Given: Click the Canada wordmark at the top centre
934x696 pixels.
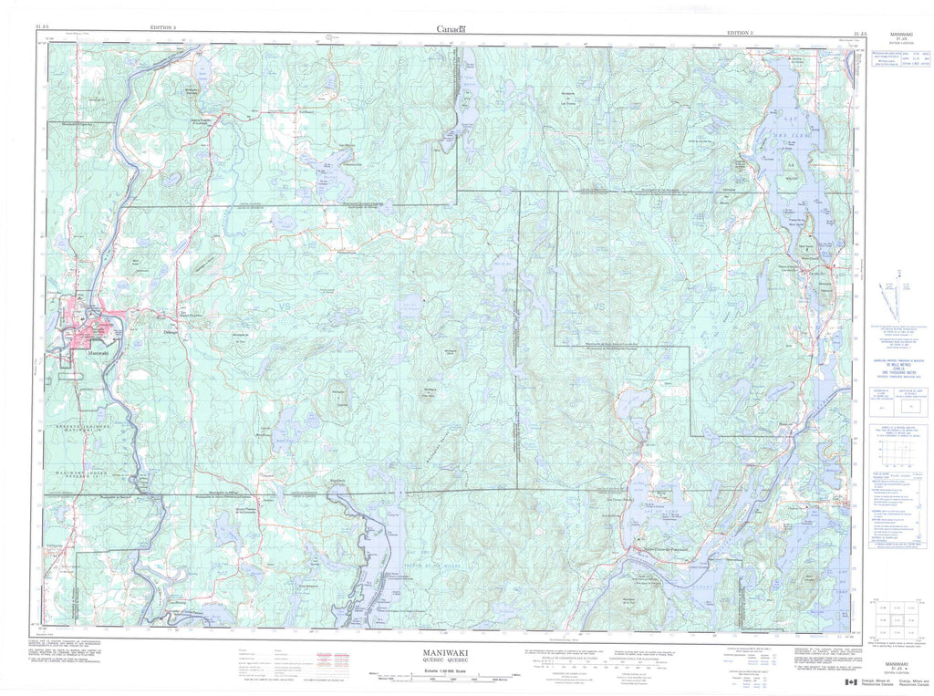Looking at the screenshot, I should coord(451,29).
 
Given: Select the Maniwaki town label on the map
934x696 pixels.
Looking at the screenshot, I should coord(94,351).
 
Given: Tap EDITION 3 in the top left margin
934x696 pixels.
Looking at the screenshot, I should coord(169,30).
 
